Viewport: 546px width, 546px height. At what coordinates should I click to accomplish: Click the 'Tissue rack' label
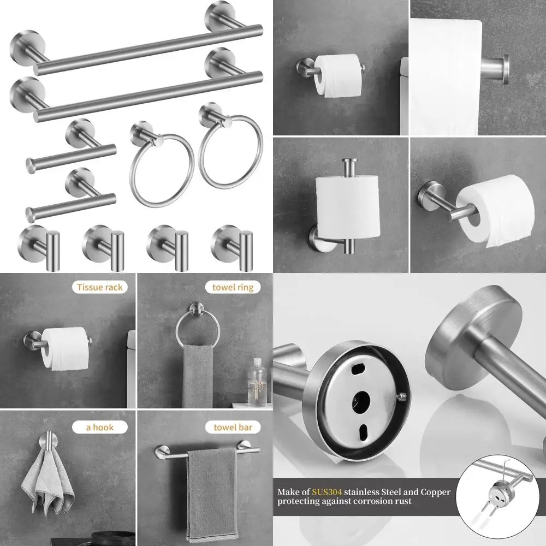[100, 287]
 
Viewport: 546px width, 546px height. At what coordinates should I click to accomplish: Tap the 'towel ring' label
[233, 287]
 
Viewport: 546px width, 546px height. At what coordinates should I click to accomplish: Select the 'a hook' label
[100, 428]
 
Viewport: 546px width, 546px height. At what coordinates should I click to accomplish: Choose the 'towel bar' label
[233, 428]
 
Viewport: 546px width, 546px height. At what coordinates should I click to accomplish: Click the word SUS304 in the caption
[327, 492]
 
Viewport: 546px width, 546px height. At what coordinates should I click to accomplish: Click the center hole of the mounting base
[361, 400]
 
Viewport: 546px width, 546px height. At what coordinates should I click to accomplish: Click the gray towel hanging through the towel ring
[198, 376]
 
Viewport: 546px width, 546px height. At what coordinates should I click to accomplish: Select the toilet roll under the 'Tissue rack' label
[65, 348]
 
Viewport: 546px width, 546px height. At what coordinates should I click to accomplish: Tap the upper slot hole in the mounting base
[358, 369]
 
